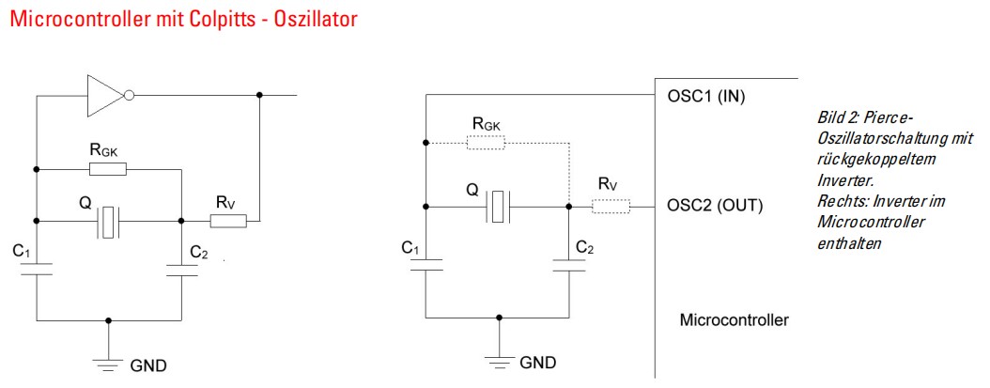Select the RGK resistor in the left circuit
108,169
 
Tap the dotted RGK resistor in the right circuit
487,143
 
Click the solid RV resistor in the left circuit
227,222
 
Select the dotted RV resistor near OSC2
611,205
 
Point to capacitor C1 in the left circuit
37,270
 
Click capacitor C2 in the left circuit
180,271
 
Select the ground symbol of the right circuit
499,357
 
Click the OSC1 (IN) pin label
711,96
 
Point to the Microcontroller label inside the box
734,320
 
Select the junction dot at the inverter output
259,95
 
